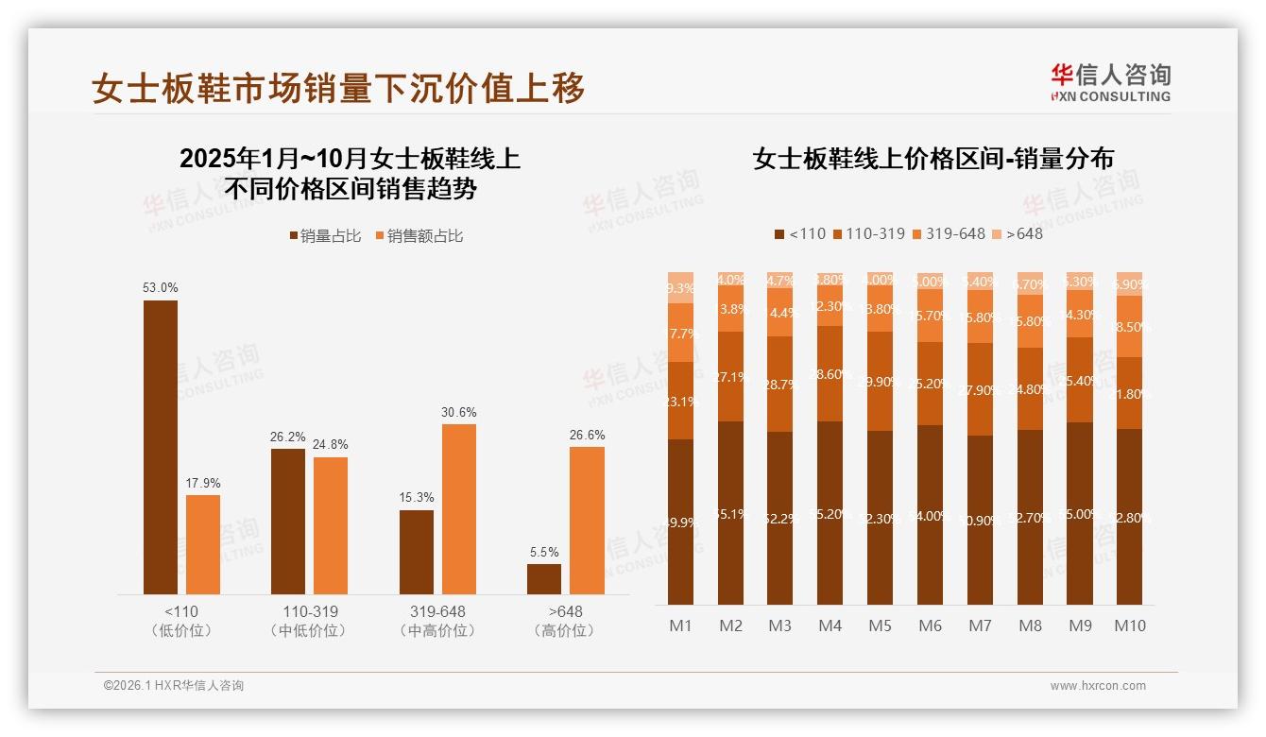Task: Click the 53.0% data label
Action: tap(160, 288)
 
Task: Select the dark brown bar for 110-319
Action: tap(287, 521)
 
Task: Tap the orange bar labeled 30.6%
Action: tap(458, 508)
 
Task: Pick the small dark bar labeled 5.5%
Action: tap(543, 578)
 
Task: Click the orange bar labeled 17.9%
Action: tap(202, 544)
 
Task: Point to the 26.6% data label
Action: tap(587, 435)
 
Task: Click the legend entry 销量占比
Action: tap(325, 236)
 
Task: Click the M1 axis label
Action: tap(680, 626)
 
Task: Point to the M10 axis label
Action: tap(1129, 626)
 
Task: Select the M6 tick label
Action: tap(930, 626)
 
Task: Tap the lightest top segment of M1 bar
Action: tap(680, 287)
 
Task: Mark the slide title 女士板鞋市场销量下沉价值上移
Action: tap(338, 87)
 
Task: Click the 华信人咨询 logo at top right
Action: tap(1110, 82)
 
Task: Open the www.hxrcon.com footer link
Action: tap(1097, 686)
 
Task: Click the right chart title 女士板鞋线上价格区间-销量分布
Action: tap(932, 159)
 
